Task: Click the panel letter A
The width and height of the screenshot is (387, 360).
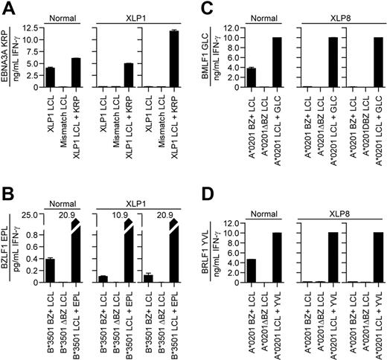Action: coord(7,7)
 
